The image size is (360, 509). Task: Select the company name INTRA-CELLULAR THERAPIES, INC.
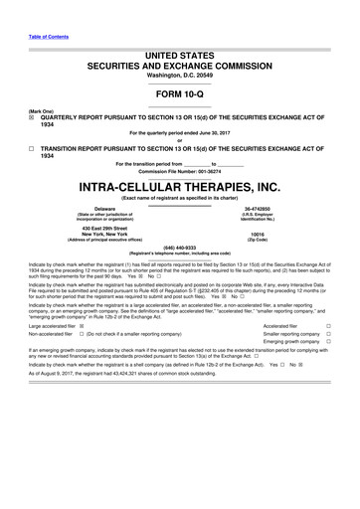coord(179,184)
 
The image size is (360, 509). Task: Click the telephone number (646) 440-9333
coord(179,248)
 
